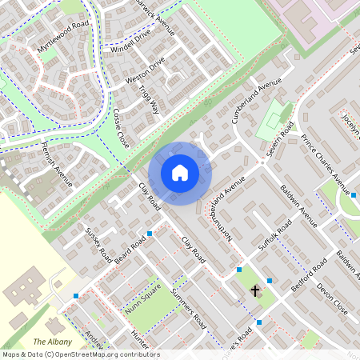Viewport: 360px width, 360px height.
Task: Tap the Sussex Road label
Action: [99, 246]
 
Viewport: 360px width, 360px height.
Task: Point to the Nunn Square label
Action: [142, 299]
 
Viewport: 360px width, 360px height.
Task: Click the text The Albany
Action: [50, 342]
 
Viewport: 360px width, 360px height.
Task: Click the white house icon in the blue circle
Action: [180, 172]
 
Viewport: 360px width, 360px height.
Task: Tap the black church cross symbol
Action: [256, 291]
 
